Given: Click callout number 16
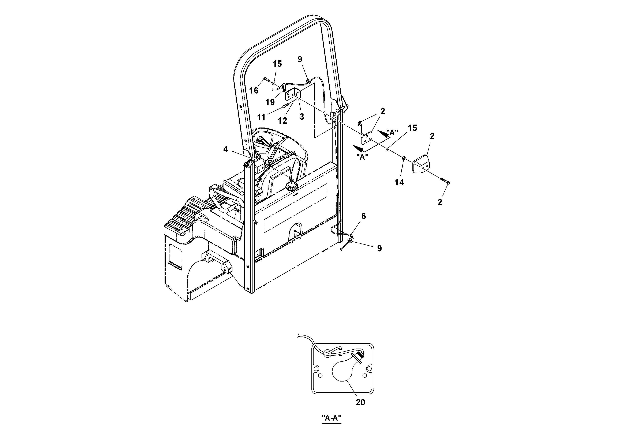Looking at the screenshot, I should click(254, 90).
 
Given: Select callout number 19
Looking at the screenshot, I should click(270, 102).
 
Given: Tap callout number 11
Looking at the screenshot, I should click(261, 117).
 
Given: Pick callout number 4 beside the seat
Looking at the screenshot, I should click(225, 149).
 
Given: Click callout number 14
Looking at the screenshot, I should click(399, 182).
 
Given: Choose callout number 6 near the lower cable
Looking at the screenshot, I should click(364, 216).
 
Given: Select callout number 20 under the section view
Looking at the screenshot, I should click(360, 402).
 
